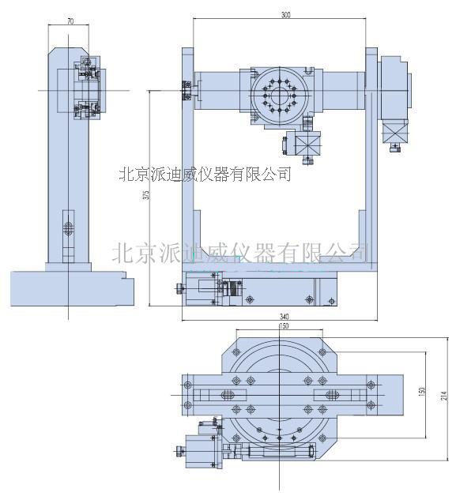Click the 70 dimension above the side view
coord(71,21)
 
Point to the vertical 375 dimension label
coord(146,196)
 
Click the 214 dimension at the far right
coord(445,395)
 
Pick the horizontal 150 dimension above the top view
coord(282,325)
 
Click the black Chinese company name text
coord(204,173)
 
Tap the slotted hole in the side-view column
coord(69,230)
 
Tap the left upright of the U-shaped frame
coord(187,158)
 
